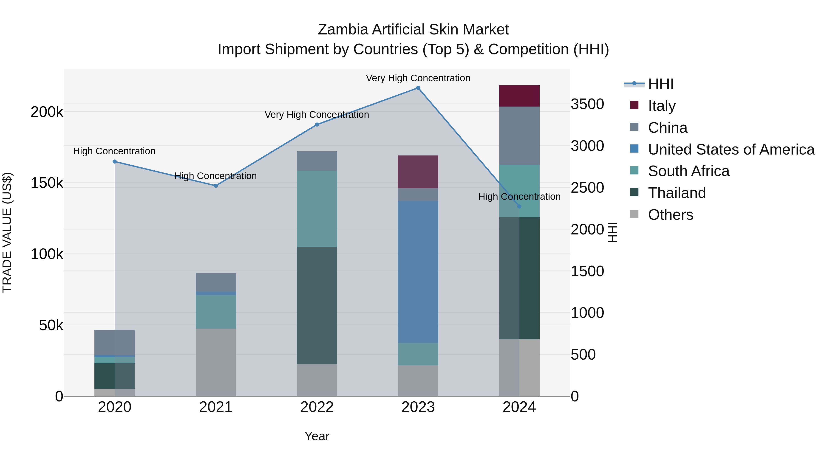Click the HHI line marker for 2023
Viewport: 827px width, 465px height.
(x=418, y=88)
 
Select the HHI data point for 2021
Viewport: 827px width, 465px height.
(x=216, y=186)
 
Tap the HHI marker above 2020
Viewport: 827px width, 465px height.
(x=115, y=162)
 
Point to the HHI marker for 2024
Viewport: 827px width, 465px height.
(x=519, y=206)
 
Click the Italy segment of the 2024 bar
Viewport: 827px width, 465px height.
(x=519, y=96)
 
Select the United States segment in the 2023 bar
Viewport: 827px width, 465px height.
(x=418, y=272)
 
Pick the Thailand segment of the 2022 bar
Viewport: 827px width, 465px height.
(x=317, y=305)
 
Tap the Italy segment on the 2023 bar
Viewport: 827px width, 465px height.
(x=418, y=172)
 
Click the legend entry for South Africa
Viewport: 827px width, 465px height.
(x=688, y=171)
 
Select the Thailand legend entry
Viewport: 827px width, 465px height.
(x=677, y=193)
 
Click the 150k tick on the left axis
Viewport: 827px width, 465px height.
(x=47, y=183)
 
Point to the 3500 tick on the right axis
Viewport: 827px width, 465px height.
(x=587, y=104)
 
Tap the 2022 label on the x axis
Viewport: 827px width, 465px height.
(x=317, y=407)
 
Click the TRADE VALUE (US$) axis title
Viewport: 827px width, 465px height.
(x=7, y=232)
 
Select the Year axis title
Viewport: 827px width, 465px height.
(x=317, y=436)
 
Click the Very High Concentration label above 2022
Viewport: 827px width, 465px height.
(x=317, y=115)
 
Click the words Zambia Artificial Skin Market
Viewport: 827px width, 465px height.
(x=413, y=30)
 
